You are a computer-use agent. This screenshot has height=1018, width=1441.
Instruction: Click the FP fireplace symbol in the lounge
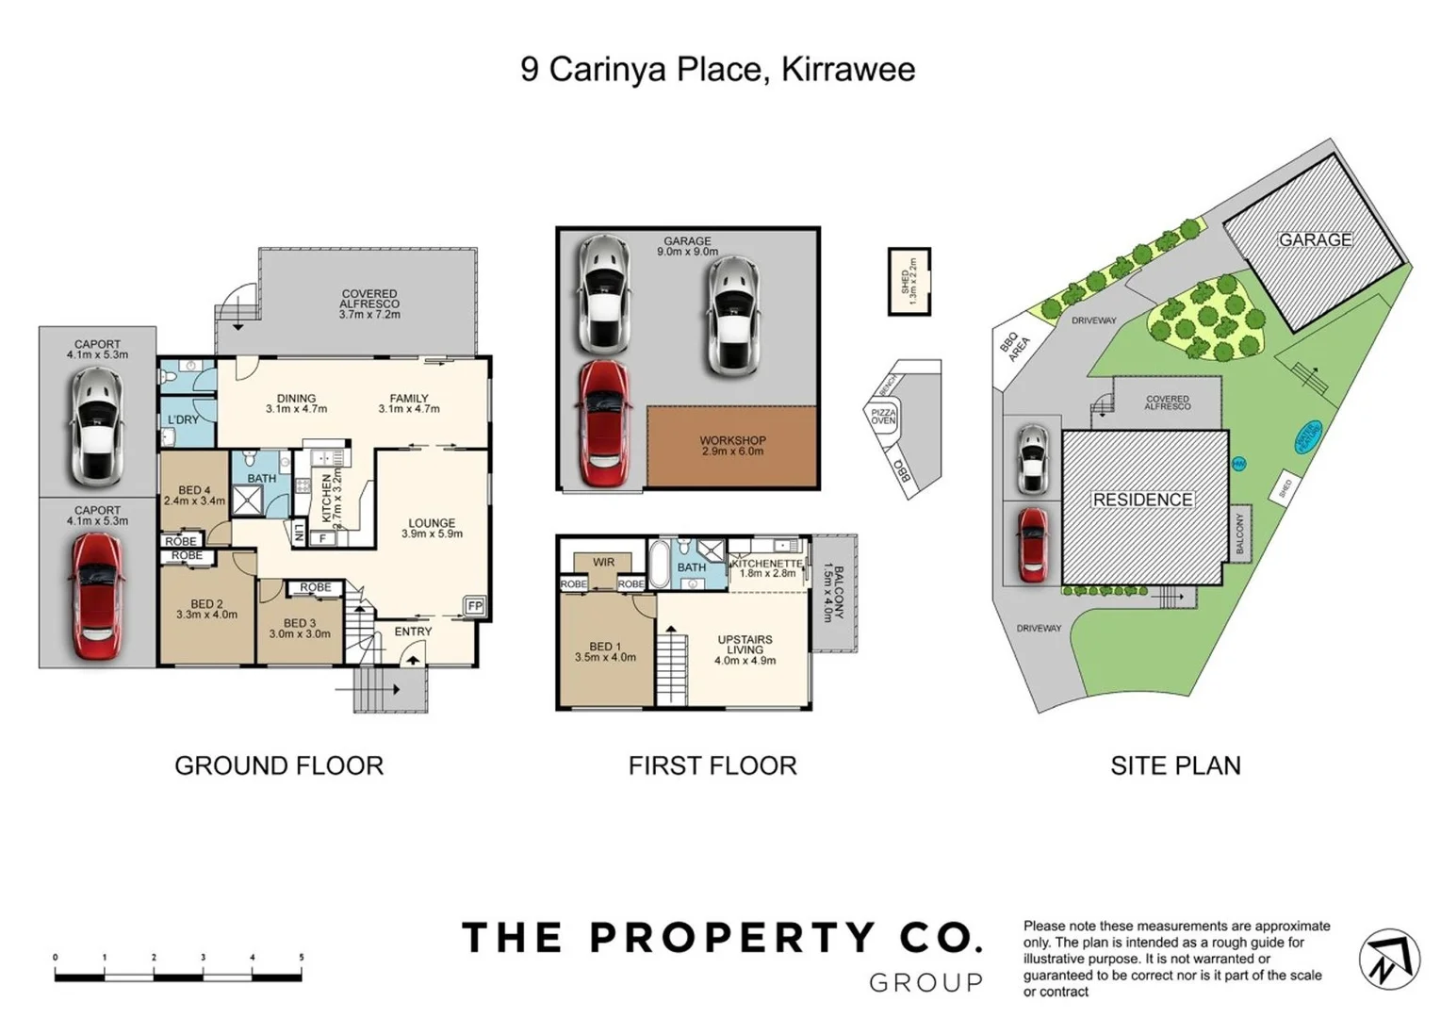click(474, 606)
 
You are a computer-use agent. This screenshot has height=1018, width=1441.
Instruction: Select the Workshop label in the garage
click(732, 446)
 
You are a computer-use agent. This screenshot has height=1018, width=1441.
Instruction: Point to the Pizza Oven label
click(883, 417)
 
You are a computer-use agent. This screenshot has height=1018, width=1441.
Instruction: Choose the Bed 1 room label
click(605, 651)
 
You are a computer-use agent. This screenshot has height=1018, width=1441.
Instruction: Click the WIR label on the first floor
click(603, 562)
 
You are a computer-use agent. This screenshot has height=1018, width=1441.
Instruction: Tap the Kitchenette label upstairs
click(767, 567)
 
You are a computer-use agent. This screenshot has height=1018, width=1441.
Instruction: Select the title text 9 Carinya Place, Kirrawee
click(717, 70)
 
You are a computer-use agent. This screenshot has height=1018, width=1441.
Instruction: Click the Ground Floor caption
click(279, 765)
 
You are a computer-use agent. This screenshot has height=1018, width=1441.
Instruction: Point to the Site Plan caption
click(1175, 765)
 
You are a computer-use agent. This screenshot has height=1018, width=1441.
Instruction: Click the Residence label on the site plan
click(1142, 500)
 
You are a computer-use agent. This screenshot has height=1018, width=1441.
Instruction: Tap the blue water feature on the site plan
click(1308, 435)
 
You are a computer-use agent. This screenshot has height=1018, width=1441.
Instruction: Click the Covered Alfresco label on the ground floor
click(369, 304)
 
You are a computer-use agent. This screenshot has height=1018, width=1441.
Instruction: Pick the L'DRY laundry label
click(183, 419)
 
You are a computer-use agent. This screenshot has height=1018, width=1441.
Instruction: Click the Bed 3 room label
click(300, 628)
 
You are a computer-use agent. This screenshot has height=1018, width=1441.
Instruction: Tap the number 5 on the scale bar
click(302, 958)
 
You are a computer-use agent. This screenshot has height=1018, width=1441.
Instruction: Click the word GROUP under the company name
click(925, 983)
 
